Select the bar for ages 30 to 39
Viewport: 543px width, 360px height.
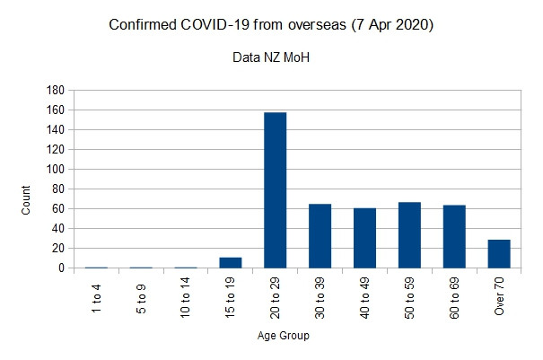320,236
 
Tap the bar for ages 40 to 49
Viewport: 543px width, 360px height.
364,238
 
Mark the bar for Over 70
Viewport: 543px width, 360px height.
499,254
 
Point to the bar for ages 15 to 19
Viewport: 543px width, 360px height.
231,263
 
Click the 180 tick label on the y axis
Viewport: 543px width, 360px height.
55,90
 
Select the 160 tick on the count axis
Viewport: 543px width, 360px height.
55,110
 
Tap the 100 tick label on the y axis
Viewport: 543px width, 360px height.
55,169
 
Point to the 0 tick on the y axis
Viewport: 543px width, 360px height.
61,268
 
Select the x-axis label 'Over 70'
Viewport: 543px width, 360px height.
499,296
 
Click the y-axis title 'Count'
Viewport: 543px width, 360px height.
26,199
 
